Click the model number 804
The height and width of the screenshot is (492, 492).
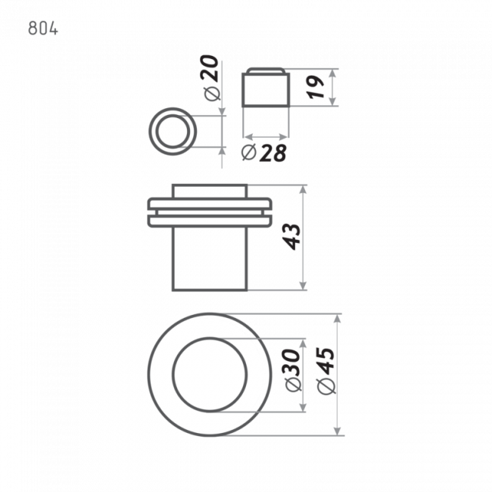point(43,29)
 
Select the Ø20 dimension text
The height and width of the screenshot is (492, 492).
point(211,78)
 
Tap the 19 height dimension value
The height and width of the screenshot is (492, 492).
point(316,87)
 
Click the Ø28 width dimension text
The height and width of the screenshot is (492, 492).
point(264,153)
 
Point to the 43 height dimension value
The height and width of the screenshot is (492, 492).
point(291,237)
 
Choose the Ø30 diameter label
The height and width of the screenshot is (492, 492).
point(294,370)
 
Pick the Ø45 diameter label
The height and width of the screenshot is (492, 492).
point(326,371)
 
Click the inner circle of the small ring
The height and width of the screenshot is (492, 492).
point(173,116)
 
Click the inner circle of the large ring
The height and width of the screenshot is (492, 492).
point(210,338)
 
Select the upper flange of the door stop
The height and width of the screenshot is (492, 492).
point(210,204)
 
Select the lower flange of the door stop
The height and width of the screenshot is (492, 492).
point(210,221)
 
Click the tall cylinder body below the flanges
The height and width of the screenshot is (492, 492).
point(210,259)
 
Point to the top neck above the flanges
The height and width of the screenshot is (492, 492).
point(210,192)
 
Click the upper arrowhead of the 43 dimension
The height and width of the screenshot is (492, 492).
point(303,189)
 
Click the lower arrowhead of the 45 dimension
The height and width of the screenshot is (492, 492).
point(338,431)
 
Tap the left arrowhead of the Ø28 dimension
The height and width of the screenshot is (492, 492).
point(248,137)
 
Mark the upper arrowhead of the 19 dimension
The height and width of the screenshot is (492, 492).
point(333,73)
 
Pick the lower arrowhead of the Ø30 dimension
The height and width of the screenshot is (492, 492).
point(303,407)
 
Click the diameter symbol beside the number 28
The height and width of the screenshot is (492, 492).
point(249,152)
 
